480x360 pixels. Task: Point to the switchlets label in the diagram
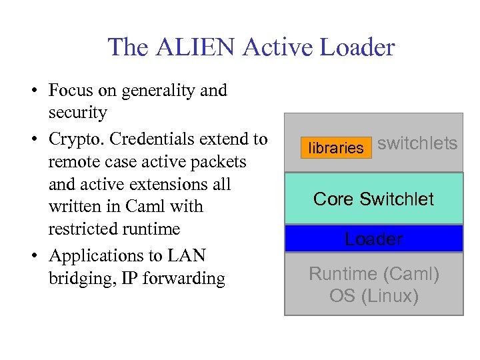[x=417, y=143]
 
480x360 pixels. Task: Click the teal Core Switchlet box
[x=373, y=199]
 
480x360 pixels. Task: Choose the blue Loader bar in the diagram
[x=373, y=239]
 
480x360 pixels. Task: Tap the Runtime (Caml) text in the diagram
[x=373, y=273]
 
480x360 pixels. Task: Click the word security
[x=77, y=113]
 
